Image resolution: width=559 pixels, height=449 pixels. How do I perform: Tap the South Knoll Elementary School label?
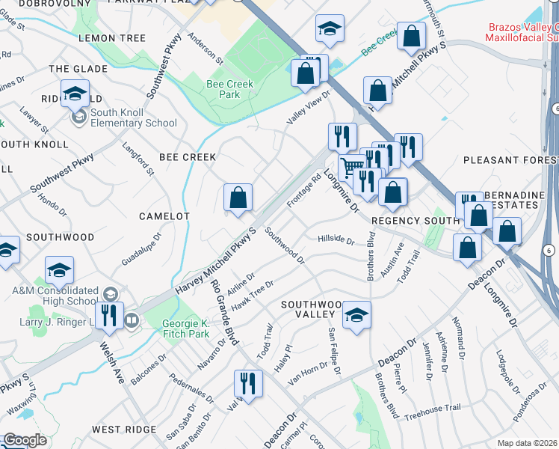[x=132, y=117]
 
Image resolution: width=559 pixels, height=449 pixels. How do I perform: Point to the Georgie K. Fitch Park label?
[x=176, y=329]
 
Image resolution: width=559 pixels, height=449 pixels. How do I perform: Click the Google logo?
[x=24, y=440]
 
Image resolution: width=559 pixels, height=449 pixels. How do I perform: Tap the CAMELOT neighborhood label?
[x=164, y=216]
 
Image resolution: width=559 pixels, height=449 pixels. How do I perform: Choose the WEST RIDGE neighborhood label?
[x=123, y=430]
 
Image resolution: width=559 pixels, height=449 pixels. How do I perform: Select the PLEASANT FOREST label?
[x=510, y=160]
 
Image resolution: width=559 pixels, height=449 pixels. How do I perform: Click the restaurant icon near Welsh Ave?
[x=109, y=316]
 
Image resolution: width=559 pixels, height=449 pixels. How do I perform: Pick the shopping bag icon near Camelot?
[x=238, y=198]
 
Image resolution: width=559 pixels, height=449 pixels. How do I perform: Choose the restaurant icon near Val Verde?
[x=246, y=383]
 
